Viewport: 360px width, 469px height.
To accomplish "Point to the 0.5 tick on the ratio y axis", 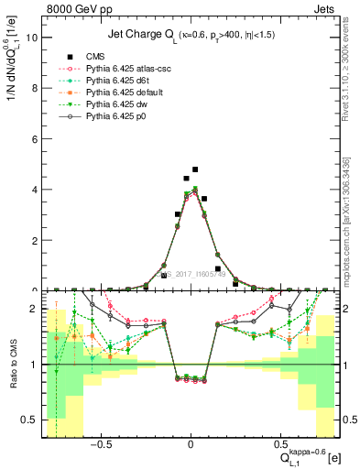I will [x=30, y=420].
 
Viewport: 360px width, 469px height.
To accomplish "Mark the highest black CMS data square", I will [x=195, y=169].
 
